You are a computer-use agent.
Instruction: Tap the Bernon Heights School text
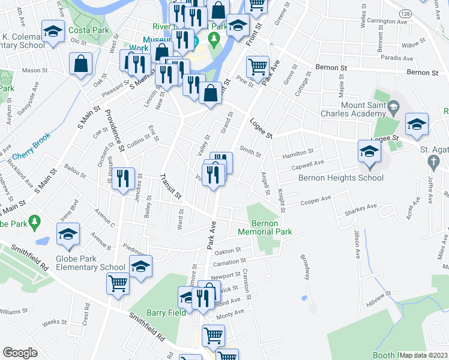(x=340, y=178)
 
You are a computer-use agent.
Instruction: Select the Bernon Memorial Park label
(x=265, y=227)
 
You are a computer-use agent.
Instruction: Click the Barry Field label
(x=162, y=313)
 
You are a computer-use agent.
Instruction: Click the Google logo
(x=20, y=353)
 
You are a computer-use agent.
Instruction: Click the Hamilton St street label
(x=298, y=152)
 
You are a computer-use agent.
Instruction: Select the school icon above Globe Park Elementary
(x=68, y=233)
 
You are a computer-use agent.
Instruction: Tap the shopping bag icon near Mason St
(x=80, y=64)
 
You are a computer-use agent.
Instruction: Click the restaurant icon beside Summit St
(x=122, y=178)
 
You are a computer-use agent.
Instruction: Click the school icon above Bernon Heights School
(x=369, y=151)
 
